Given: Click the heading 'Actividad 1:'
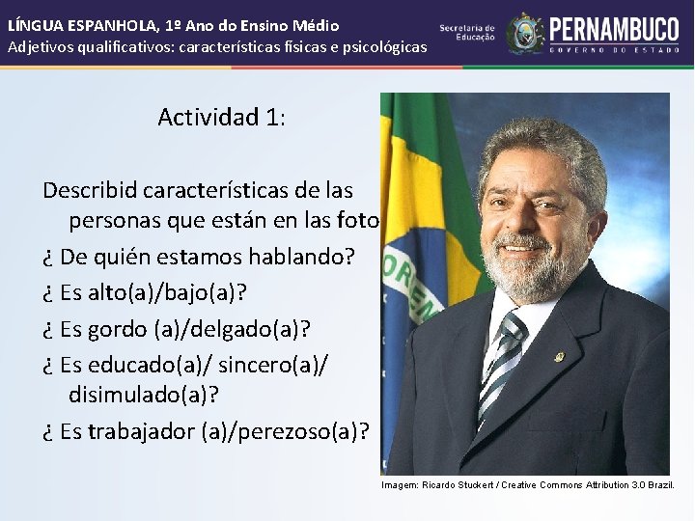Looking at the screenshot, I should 221,118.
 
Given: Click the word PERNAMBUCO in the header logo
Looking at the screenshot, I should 616,28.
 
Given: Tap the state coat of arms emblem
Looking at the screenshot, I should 526,33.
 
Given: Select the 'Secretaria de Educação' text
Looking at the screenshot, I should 467,33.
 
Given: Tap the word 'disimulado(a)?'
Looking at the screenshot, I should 145,394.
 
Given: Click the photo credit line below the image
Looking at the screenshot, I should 527,484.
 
